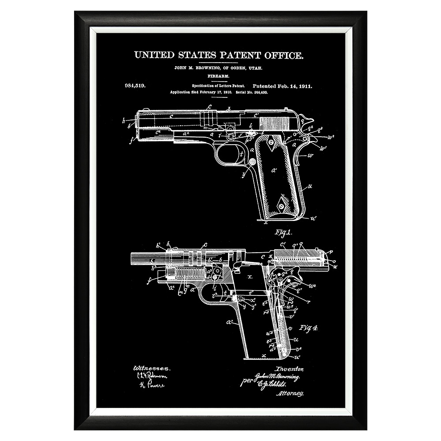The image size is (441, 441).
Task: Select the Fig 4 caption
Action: [309, 327]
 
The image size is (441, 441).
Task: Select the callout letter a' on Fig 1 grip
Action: [273, 170]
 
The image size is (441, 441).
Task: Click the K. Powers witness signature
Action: [152, 385]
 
